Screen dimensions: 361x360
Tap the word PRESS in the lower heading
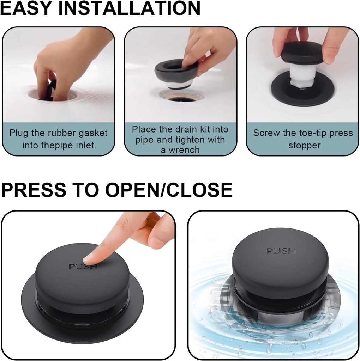[x=34, y=190]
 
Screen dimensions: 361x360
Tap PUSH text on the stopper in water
[x=281, y=251]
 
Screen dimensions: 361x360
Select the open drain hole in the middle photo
[x=181, y=99]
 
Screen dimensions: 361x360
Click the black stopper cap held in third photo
[x=302, y=53]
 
